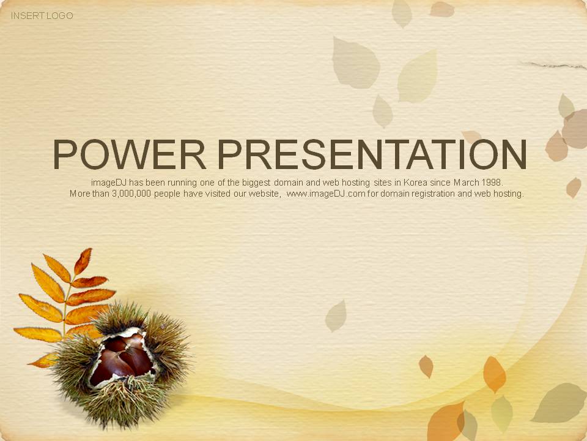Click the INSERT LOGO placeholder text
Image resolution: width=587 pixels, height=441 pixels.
click(x=42, y=16)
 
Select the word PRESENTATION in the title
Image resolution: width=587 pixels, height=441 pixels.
click(x=372, y=154)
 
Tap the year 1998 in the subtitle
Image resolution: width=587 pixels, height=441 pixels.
click(x=492, y=183)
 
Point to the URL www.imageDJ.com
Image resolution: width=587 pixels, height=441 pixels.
click(x=326, y=194)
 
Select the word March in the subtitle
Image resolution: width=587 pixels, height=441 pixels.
click(x=466, y=183)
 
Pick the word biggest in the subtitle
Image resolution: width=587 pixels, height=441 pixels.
click(x=256, y=183)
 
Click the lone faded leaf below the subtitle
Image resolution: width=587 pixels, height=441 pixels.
click(x=336, y=316)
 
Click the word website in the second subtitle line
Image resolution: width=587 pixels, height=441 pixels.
click(x=264, y=194)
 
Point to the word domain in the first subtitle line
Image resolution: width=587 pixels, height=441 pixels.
click(x=288, y=183)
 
